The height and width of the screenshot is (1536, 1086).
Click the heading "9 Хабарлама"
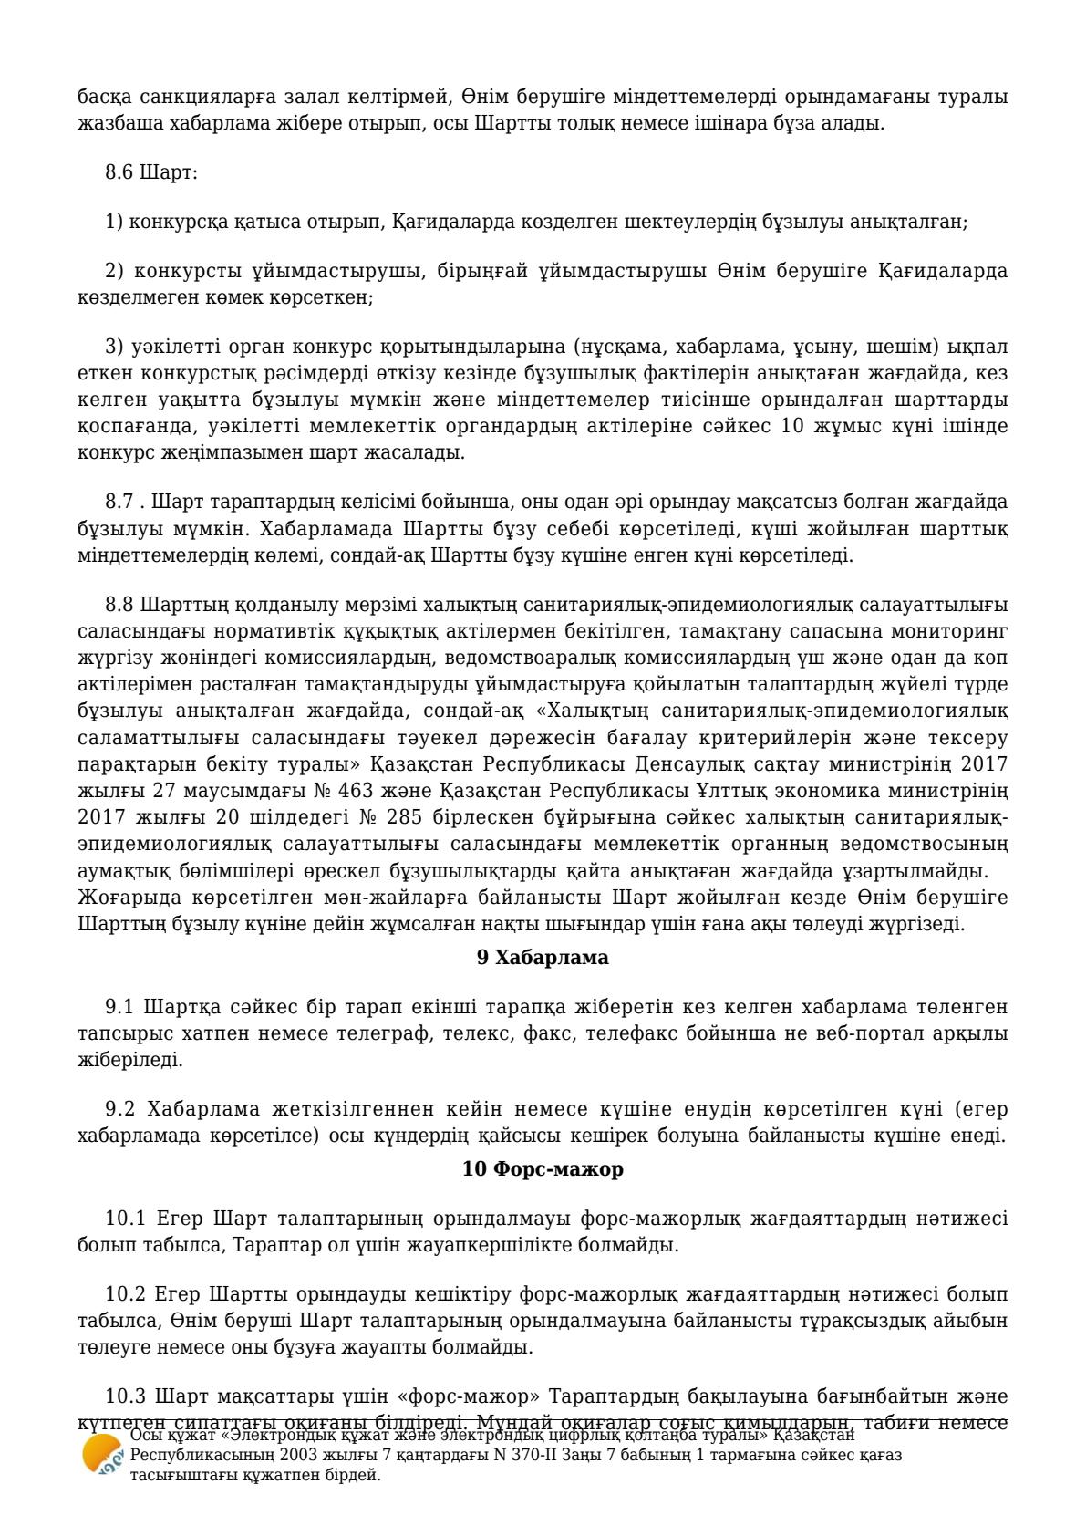click(543, 958)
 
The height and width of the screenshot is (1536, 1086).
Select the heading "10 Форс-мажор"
click(543, 1169)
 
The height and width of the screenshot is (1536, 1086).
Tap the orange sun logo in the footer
click(101, 1454)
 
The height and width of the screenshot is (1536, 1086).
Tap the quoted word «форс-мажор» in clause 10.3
click(483, 1396)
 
